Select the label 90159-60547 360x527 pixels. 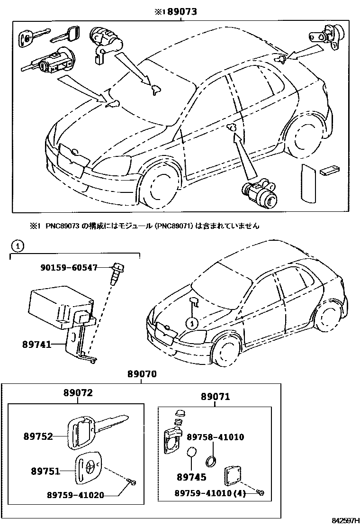69,268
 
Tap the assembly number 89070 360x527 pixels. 142,375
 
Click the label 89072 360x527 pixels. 78,393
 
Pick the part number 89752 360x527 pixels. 38,436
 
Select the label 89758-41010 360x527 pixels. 215,437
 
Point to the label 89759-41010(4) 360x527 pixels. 215,493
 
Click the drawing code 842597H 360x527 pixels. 343,521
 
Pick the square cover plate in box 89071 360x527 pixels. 232,475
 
